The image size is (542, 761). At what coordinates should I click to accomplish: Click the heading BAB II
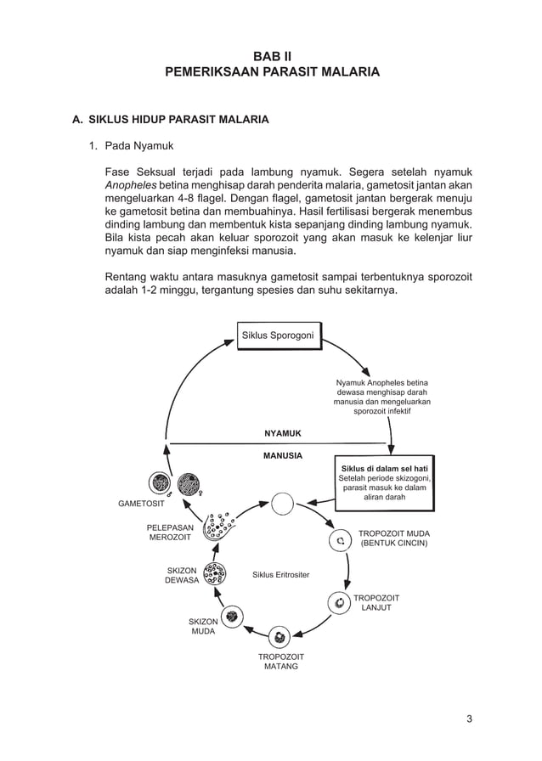(x=271, y=55)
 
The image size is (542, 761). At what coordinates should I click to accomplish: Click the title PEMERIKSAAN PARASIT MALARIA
(x=271, y=72)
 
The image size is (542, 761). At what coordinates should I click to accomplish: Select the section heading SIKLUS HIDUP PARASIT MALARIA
(x=178, y=120)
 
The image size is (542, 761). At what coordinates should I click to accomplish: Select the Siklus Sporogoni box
(x=279, y=335)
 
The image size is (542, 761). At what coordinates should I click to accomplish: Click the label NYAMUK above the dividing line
(x=282, y=433)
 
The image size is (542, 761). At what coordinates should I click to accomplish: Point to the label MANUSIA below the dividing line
(x=282, y=455)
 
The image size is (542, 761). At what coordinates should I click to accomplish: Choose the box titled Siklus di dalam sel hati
(x=385, y=482)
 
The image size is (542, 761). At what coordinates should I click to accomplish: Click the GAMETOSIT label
(x=141, y=504)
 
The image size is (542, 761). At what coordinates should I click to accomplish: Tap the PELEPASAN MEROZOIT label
(x=170, y=533)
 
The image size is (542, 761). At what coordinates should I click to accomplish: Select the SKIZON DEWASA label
(x=182, y=575)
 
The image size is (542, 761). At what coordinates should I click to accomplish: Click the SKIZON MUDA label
(x=202, y=627)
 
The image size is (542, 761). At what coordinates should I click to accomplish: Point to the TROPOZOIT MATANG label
(x=280, y=662)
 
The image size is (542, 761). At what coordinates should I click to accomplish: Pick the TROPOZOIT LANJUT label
(x=375, y=603)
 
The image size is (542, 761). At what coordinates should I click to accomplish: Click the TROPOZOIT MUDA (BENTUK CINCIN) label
(x=393, y=538)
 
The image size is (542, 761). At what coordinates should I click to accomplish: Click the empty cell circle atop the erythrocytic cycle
(x=282, y=503)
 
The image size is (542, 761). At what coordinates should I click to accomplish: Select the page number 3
(x=469, y=719)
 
